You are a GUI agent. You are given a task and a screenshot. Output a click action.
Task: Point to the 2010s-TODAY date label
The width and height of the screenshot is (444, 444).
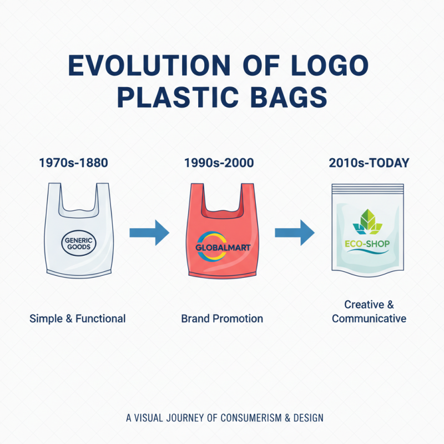(369, 163)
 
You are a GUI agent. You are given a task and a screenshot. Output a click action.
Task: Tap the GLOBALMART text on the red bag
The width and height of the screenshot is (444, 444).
(223, 248)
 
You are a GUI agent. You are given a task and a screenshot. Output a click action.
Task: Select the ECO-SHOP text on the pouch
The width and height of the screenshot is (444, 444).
(367, 243)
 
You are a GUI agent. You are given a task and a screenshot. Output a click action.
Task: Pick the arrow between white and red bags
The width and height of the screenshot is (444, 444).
(149, 232)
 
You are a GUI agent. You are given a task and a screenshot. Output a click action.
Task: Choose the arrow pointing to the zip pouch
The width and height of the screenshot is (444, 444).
(295, 232)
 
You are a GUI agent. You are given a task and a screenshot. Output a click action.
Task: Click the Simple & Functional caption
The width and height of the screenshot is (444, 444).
(78, 319)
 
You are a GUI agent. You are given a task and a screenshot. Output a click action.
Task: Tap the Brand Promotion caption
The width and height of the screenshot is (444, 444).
(222, 319)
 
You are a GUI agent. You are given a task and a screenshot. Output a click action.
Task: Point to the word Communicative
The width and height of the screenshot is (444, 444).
(369, 319)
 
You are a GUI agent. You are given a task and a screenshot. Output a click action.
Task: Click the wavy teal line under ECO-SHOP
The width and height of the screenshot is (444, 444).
(367, 253)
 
